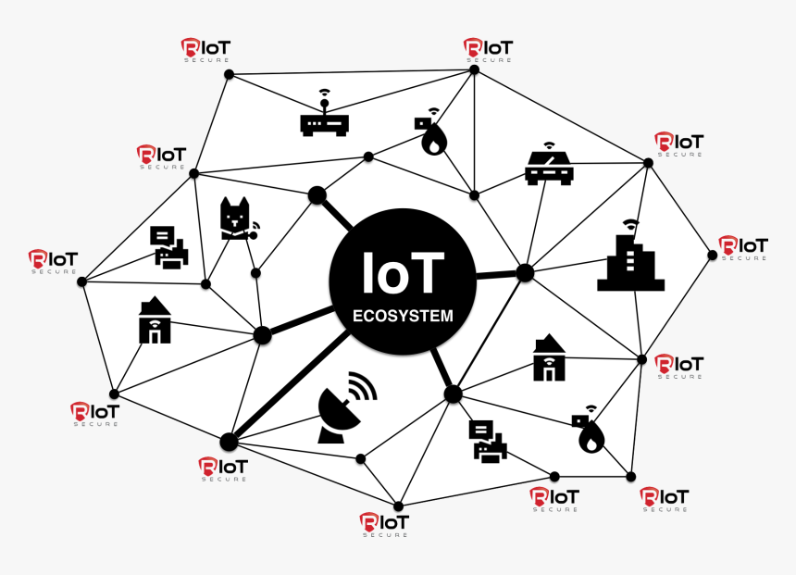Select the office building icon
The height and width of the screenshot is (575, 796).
[x=630, y=264]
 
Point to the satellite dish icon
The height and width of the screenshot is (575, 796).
[x=339, y=413]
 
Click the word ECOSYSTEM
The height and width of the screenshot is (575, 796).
[x=403, y=316]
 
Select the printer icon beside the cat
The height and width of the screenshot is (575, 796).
[x=169, y=248]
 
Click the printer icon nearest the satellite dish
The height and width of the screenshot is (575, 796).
[x=487, y=442]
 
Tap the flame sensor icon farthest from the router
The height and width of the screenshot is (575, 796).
[x=589, y=431]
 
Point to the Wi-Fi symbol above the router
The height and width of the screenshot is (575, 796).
[x=324, y=93]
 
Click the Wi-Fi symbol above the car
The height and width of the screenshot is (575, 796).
[x=549, y=145]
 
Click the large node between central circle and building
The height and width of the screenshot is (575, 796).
[x=525, y=272]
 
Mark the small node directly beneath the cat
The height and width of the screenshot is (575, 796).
[x=255, y=273]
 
